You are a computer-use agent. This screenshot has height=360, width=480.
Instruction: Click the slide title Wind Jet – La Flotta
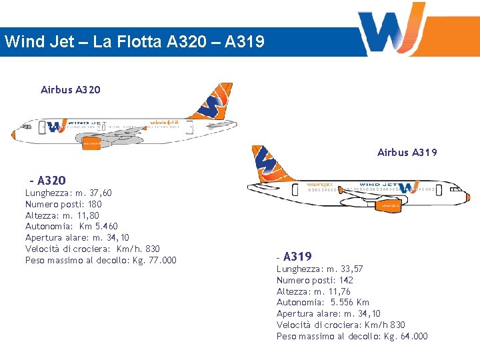[134, 42]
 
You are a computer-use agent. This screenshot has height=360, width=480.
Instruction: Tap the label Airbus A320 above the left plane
[71, 89]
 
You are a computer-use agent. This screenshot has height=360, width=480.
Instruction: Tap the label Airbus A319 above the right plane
[407, 153]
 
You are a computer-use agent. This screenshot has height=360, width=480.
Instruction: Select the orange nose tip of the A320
[13, 135]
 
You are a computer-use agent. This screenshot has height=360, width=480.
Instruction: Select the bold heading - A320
[48, 181]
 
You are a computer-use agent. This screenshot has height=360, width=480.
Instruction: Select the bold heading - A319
[294, 257]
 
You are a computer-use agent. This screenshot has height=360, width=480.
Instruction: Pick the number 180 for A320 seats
[95, 204]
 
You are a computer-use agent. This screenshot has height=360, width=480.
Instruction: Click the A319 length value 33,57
[350, 269]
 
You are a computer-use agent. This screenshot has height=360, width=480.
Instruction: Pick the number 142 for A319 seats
[345, 280]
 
